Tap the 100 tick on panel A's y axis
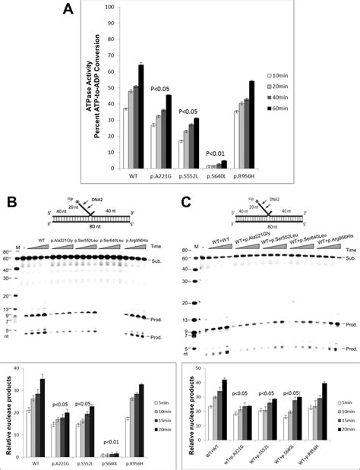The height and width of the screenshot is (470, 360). [x=112, y=8]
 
